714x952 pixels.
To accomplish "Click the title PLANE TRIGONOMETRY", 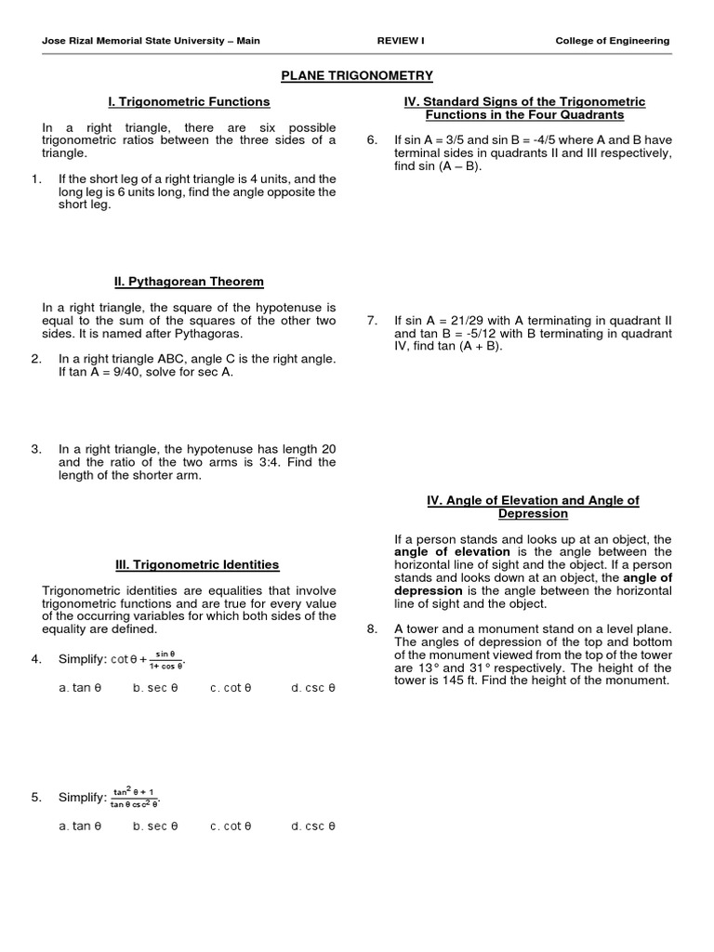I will pos(357,75).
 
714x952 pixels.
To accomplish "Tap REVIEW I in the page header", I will pos(400,41).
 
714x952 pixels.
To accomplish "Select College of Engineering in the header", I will pos(612,41).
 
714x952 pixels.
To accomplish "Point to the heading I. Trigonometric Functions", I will pos(190,101).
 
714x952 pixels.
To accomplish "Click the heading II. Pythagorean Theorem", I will pos(190,281).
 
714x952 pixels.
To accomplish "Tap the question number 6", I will pos(372,140).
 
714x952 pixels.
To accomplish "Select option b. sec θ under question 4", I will pos(155,688).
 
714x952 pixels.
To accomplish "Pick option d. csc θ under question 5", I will pos(312,826).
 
